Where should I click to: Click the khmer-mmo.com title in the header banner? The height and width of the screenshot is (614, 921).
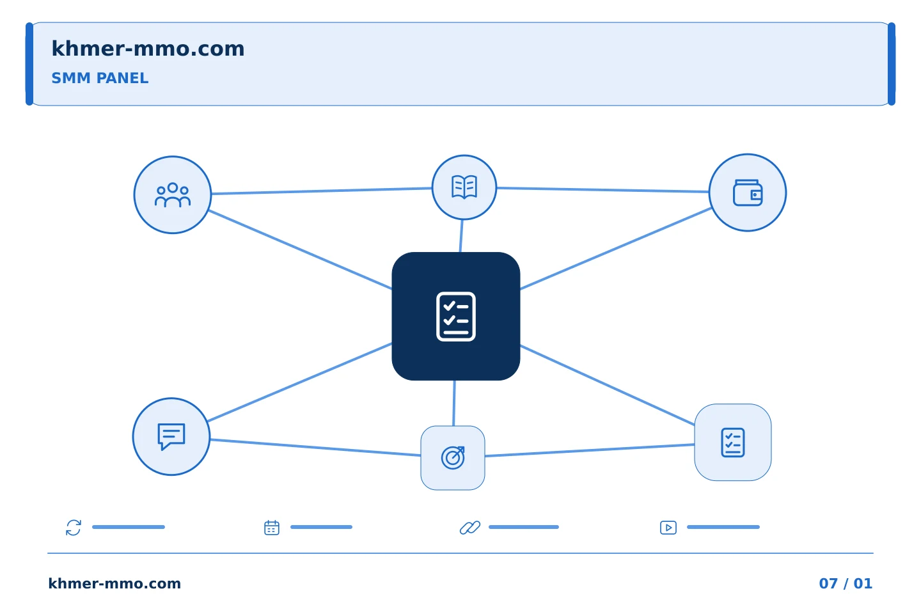pyautogui.click(x=148, y=49)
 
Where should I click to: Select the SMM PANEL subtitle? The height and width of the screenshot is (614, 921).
pyautogui.click(x=100, y=78)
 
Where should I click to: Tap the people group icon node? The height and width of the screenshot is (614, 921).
pyautogui.click(x=173, y=195)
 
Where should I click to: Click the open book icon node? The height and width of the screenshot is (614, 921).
pyautogui.click(x=464, y=187)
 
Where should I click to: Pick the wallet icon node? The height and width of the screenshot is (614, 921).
pyautogui.click(x=748, y=193)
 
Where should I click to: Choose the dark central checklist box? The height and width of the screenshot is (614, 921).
pyautogui.click(x=456, y=316)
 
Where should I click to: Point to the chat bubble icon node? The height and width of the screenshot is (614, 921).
pyautogui.click(x=171, y=437)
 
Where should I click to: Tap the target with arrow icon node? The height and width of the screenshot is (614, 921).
pyautogui.click(x=453, y=458)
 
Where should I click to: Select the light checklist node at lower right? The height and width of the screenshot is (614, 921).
pyautogui.click(x=733, y=443)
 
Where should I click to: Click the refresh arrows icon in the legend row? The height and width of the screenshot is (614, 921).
pyautogui.click(x=74, y=528)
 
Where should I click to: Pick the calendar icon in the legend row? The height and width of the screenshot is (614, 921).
pyautogui.click(x=272, y=528)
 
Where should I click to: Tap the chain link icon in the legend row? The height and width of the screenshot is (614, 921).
pyautogui.click(x=470, y=528)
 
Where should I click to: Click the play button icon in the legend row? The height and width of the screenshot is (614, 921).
pyautogui.click(x=668, y=528)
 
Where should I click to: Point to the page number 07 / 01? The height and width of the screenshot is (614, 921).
pyautogui.click(x=846, y=583)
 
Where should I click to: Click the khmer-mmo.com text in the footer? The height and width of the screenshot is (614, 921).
pyautogui.click(x=114, y=583)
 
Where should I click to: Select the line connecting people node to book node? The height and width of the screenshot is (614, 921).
pyautogui.click(x=322, y=191)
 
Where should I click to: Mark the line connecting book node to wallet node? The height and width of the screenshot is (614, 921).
pyautogui.click(x=603, y=189)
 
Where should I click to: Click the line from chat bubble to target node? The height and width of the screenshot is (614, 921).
pyautogui.click(x=315, y=448)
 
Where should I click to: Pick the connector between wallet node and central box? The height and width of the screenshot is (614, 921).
pyautogui.click(x=616, y=249)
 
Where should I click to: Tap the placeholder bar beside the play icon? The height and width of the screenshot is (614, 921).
pyautogui.click(x=723, y=527)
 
